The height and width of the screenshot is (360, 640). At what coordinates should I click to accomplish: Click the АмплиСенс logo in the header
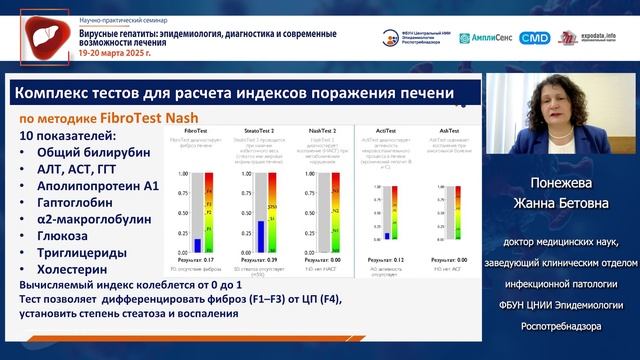tap(486, 38)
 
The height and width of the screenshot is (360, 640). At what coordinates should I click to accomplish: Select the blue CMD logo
tap(537, 38)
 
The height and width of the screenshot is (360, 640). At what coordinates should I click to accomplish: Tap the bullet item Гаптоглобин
tap(78, 203)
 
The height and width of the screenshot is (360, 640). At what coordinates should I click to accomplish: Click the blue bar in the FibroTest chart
tap(198, 243)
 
